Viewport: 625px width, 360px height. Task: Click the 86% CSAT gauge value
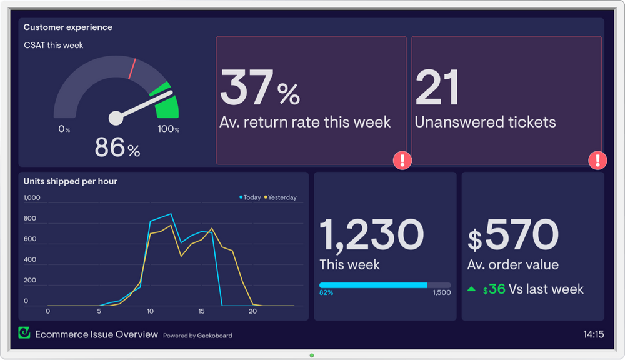[x=117, y=148]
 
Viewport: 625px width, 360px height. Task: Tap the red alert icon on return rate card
[x=402, y=161]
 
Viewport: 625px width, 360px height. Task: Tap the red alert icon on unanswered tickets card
[x=597, y=161]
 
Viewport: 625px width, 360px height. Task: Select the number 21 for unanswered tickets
[x=437, y=87]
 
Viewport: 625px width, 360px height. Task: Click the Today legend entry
[x=250, y=197]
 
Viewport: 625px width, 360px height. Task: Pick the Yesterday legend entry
[x=281, y=197]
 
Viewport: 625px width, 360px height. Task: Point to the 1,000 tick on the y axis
[x=32, y=198]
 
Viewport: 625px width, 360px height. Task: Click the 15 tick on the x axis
[x=201, y=311]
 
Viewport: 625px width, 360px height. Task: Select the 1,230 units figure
[x=371, y=234]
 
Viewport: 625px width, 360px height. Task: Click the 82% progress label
[x=326, y=292]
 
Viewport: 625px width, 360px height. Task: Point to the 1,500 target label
[x=441, y=292]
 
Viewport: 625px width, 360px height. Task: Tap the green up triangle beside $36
[x=472, y=289]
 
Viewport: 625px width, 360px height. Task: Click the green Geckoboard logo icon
[x=24, y=333]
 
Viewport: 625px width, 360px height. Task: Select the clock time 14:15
[x=593, y=334]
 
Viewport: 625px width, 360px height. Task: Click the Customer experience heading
[x=68, y=27]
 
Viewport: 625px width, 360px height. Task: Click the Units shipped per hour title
[x=70, y=181]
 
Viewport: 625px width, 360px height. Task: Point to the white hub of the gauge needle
[x=116, y=118]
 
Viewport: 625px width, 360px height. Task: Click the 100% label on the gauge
[x=168, y=129]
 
